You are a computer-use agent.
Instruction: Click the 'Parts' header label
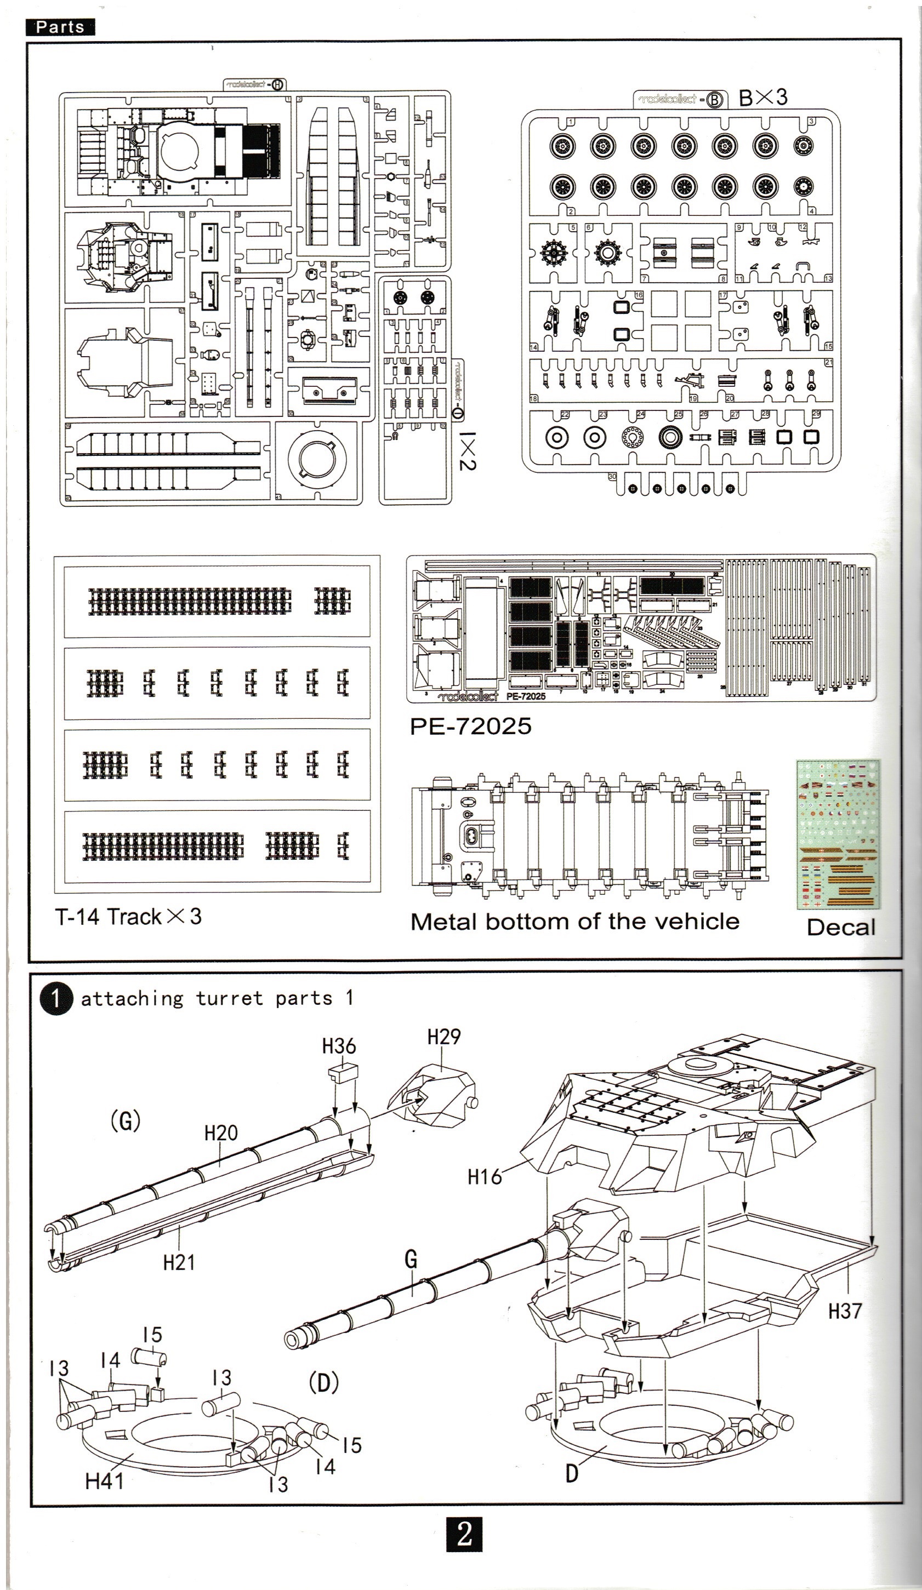[60, 27]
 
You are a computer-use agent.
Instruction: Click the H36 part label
[339, 1046]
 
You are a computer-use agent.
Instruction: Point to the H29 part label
[443, 1037]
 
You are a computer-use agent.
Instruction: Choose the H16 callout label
[484, 1176]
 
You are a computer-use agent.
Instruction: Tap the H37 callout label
[844, 1311]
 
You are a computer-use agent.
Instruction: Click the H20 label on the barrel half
[221, 1133]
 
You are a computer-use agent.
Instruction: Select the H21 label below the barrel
[179, 1262]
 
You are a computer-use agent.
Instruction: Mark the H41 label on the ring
[104, 1481]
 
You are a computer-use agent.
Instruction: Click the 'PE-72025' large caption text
[470, 726]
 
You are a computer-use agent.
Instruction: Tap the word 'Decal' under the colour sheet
[840, 927]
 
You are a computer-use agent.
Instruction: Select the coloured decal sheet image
[838, 834]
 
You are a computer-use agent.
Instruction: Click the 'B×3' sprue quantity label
[762, 97]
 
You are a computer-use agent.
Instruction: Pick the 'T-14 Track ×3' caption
[128, 916]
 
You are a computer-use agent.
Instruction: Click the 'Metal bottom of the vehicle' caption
[574, 921]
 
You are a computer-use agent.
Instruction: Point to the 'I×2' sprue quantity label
[467, 450]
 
